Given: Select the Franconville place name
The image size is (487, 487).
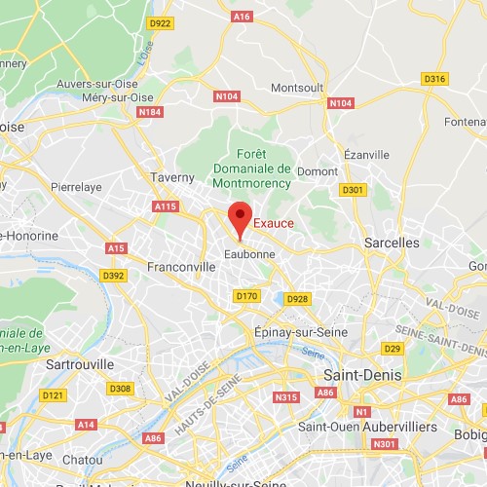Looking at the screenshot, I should (181, 265).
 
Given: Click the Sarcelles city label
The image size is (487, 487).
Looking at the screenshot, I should (393, 242).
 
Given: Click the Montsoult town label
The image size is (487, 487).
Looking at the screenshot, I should (298, 88).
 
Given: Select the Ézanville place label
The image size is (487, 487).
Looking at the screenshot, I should (366, 154).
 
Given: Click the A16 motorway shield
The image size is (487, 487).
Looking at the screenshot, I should (243, 17).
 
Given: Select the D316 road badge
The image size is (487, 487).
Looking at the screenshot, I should (434, 79).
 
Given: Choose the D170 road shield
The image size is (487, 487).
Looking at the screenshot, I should (245, 295).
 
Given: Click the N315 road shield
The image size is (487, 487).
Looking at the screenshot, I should (286, 396).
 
